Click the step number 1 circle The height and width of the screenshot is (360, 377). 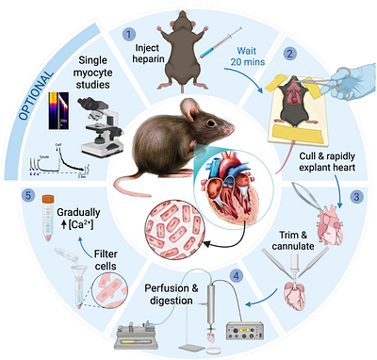click(128, 33)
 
